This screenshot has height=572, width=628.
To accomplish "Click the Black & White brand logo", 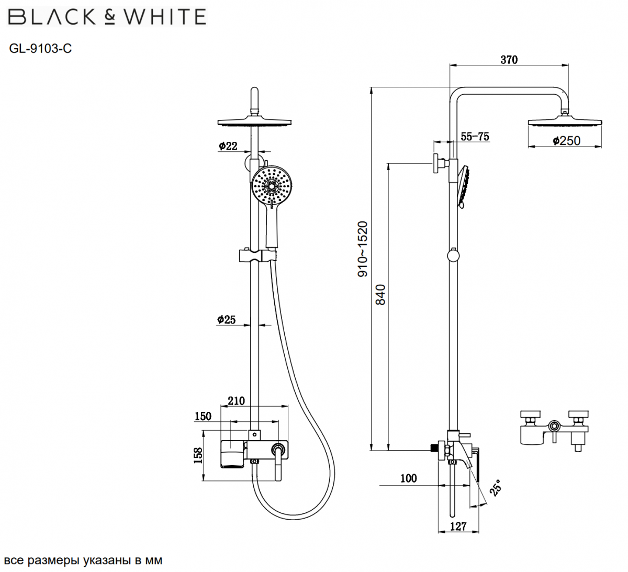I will (107, 17).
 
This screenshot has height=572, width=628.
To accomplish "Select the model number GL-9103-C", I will (40, 49).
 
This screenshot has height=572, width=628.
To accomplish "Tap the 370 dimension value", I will (509, 60).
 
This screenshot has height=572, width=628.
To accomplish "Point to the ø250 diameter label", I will (567, 140).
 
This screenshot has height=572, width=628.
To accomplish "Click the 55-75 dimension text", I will (475, 137).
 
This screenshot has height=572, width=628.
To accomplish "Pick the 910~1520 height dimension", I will (363, 249).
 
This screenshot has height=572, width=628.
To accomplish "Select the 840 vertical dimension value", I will (380, 295).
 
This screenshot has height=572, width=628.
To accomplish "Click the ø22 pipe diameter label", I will (228, 146).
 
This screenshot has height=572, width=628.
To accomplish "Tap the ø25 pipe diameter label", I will (227, 319).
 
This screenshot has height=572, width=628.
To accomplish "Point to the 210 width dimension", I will (236, 401).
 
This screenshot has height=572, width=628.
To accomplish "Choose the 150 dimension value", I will (203, 416).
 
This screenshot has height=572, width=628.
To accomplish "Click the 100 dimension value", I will (408, 478).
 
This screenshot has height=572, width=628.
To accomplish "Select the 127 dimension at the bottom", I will (458, 526).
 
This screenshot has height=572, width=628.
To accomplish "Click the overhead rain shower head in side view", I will (566, 123).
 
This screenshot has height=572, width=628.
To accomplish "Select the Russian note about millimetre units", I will (83, 560).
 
